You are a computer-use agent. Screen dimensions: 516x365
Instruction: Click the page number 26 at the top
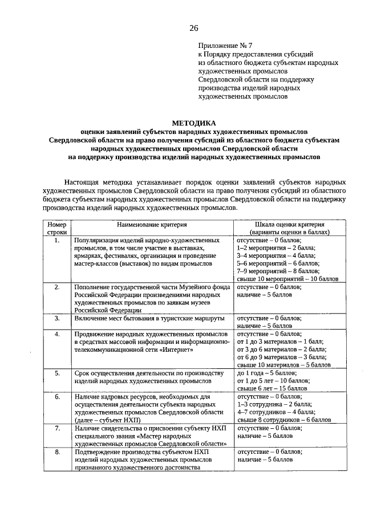coord(194,28)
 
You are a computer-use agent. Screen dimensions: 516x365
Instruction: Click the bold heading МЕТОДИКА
coord(194,123)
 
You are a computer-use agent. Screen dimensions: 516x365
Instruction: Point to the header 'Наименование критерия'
coord(152,225)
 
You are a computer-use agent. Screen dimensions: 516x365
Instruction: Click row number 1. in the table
coord(57,241)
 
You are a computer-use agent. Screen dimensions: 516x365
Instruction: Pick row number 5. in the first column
coord(57,373)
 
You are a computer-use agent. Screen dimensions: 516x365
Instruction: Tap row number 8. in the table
coord(57,451)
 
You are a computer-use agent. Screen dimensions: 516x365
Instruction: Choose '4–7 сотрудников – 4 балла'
coord(275,411)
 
